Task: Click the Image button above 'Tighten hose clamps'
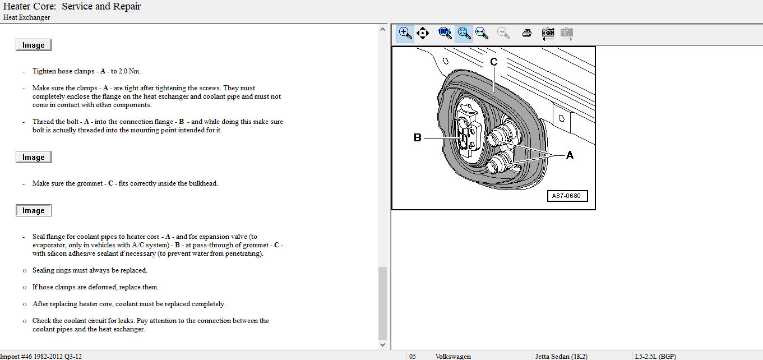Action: (x=34, y=45)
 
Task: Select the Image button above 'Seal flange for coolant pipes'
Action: (x=34, y=210)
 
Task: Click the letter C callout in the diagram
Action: (x=493, y=62)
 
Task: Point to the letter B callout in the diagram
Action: (x=417, y=137)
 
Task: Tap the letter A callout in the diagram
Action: (x=570, y=155)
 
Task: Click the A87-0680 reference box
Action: (x=567, y=196)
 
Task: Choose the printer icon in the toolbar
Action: (x=526, y=33)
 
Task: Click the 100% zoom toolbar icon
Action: (x=445, y=33)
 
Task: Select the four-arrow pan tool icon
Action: (x=422, y=33)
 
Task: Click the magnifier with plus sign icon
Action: (x=405, y=33)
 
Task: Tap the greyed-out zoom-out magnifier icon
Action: (x=503, y=33)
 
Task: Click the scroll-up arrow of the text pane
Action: (x=382, y=30)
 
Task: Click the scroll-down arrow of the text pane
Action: (x=382, y=345)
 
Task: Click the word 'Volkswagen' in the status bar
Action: (x=453, y=356)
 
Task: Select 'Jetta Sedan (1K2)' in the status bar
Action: (x=561, y=356)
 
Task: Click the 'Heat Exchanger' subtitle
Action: (x=26, y=17)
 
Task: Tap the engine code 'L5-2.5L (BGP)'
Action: (x=655, y=356)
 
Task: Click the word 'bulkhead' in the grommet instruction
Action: (x=203, y=183)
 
